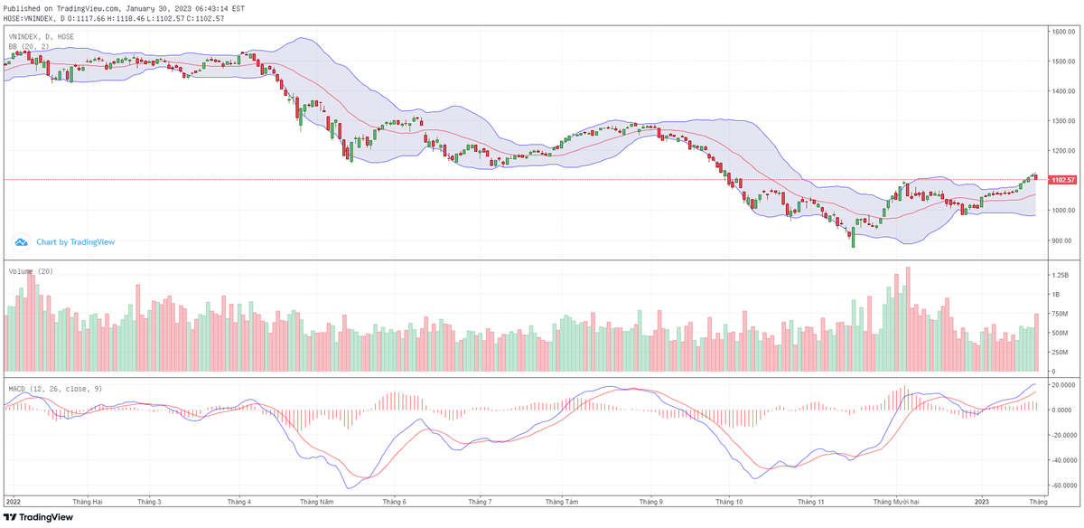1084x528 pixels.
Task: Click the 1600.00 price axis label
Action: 1062,32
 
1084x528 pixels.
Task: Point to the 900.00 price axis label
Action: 1061,240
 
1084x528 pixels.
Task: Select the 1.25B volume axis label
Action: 1060,274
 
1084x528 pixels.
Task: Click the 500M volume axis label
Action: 1060,333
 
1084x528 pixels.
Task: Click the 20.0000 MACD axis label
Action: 1062,384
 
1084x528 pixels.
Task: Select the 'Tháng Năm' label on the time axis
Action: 317,500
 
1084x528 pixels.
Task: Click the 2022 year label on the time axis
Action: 14,500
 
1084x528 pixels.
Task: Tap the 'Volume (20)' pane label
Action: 31,271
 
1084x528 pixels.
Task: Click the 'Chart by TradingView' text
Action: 75,242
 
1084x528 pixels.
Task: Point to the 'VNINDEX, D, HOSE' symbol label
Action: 42,37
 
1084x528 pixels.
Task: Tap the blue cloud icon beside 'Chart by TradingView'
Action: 21,242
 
